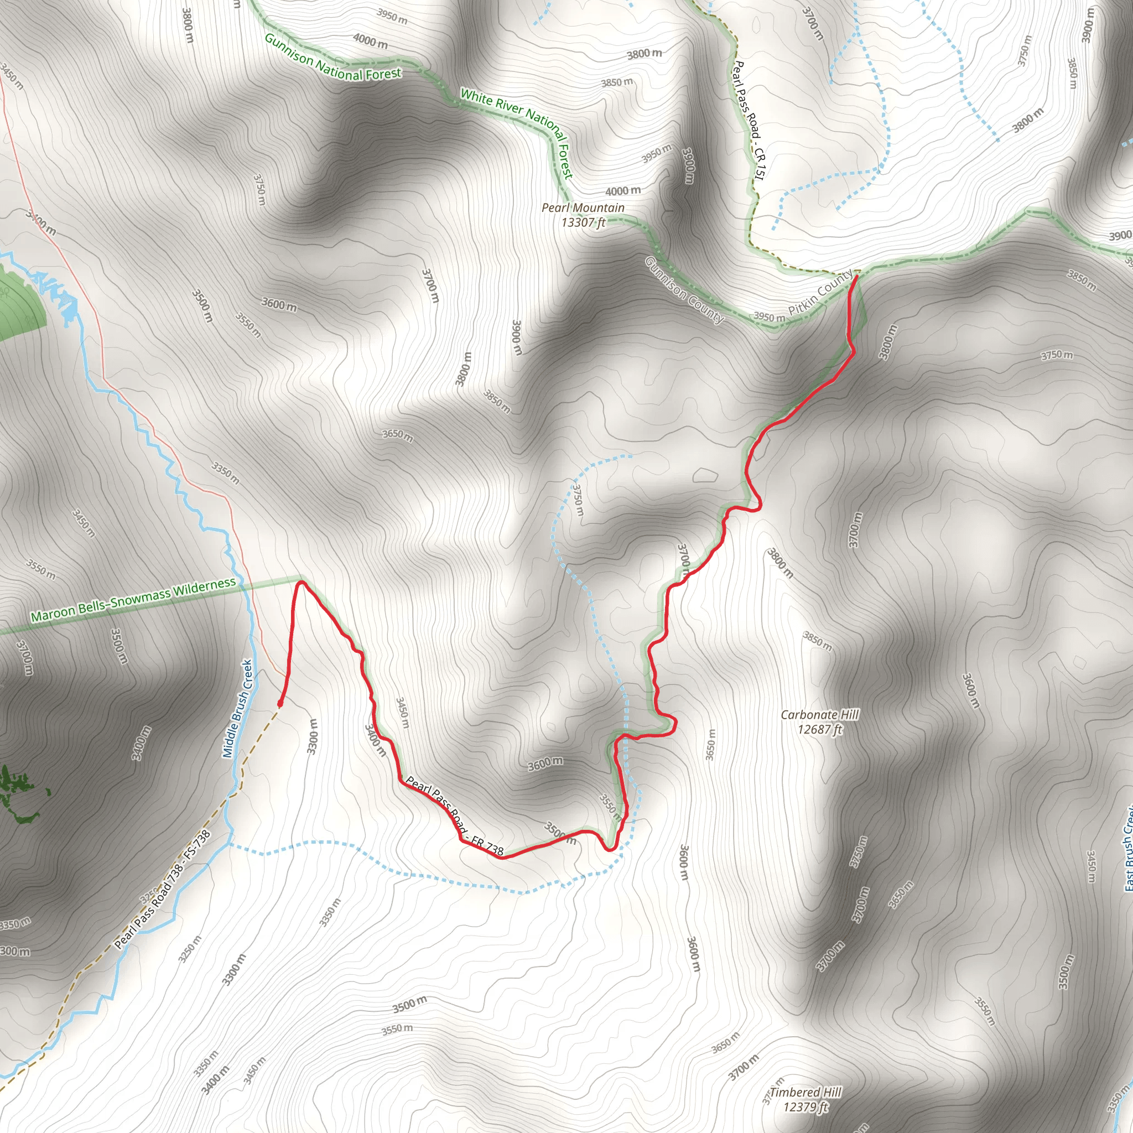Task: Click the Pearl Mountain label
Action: (x=583, y=207)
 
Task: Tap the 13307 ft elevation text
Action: (x=583, y=222)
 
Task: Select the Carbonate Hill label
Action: (x=819, y=715)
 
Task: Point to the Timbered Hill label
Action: (x=805, y=1093)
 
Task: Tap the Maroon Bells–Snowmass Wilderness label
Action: (x=133, y=600)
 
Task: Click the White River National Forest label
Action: (x=516, y=132)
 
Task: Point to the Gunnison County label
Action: (x=684, y=290)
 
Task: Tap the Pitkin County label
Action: (x=819, y=292)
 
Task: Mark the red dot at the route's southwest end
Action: (x=280, y=703)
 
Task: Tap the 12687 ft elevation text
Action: (x=819, y=730)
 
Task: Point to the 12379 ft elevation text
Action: (x=805, y=1107)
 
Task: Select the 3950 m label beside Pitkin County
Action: (x=769, y=317)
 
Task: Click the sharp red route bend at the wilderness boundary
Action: (x=301, y=583)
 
